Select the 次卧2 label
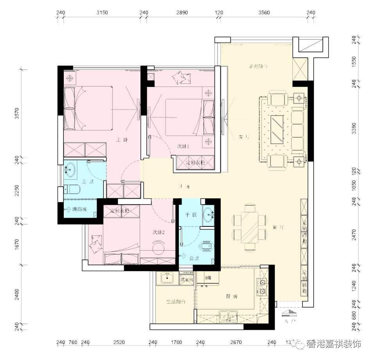(x=159, y=232)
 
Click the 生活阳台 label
(x=175, y=302)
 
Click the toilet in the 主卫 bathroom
(x=72, y=190)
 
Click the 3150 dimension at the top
(x=102, y=13)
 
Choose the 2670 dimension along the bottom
(x=236, y=342)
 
